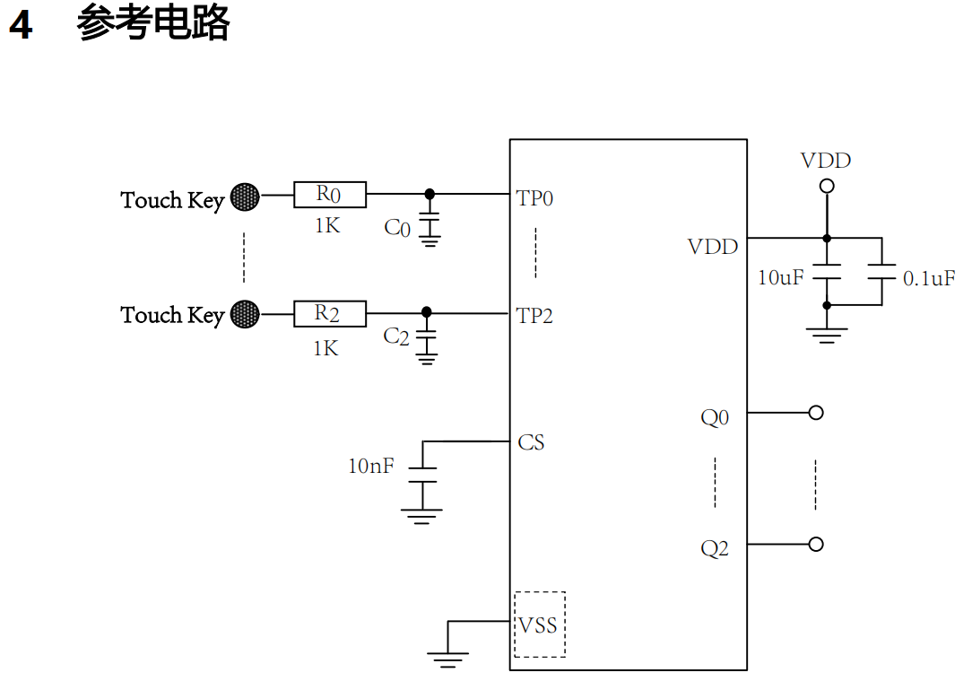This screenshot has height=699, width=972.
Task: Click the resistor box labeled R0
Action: tap(329, 194)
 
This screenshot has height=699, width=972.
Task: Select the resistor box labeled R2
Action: tap(329, 314)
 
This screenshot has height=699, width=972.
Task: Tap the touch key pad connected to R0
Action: tap(245, 197)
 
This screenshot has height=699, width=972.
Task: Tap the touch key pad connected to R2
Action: tap(245, 314)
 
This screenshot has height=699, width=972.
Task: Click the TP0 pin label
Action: tap(535, 198)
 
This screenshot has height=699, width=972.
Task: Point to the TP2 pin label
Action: tap(535, 316)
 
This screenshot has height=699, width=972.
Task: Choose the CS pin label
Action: tap(531, 442)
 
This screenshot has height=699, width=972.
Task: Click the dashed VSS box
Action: tap(540, 625)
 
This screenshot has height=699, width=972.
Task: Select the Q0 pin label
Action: tap(715, 417)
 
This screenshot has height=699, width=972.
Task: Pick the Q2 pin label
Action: tap(715, 548)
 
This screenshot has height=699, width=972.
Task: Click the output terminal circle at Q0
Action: tap(816, 413)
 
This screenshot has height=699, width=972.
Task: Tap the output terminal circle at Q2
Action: tap(816, 544)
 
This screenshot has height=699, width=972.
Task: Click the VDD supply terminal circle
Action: tap(827, 186)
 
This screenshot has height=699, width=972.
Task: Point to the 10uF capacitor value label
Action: tap(781, 278)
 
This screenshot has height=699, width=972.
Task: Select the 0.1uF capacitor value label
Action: tap(929, 278)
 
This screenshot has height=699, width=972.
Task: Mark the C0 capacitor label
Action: tap(397, 228)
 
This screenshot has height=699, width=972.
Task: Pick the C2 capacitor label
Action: tap(396, 336)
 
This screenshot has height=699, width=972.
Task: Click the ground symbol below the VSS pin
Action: tap(448, 660)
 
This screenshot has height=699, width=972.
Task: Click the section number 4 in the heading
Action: tap(21, 25)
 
